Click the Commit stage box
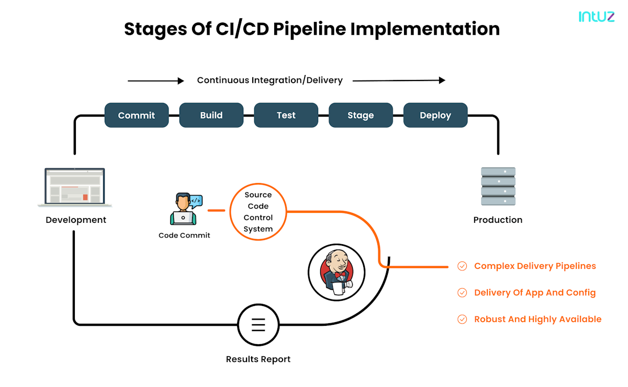[137, 115]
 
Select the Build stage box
[211, 115]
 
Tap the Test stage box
[286, 115]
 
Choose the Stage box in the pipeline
[361, 115]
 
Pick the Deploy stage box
[435, 115]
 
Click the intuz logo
[596, 17]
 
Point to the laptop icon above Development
[75, 186]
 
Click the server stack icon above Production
[498, 186]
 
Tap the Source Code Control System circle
[259, 211]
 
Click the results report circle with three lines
[258, 325]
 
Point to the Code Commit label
[184, 235]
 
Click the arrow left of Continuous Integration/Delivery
[155, 81]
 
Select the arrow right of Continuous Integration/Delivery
[399, 80]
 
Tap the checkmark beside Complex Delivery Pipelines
[462, 266]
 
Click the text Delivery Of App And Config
[535, 292]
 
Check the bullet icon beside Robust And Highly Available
[462, 319]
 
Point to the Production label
[498, 220]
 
